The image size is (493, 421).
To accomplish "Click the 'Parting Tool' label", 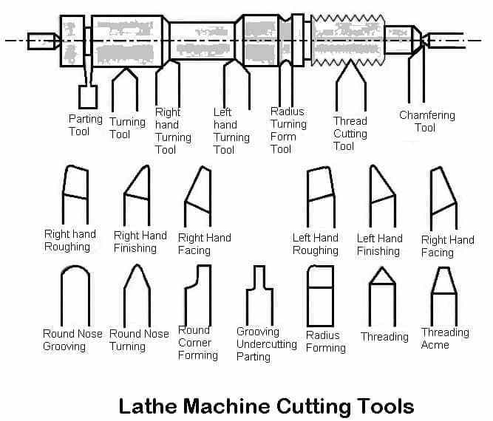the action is coord(86,125).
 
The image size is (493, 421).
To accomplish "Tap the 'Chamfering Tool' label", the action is coord(427,121).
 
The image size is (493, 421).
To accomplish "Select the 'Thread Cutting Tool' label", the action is coord(350,134).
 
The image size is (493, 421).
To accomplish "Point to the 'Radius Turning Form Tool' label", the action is coord(288,130).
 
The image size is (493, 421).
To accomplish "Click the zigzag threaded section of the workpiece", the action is coord(347,40).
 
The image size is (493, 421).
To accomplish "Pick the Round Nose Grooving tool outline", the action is coord(61,295).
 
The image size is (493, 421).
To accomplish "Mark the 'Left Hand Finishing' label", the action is coord(379,244).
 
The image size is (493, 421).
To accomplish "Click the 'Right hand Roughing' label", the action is coord(70,240).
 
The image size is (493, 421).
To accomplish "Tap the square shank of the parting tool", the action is coord(88,97).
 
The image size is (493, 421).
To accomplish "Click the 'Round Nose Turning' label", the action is coord(139,340).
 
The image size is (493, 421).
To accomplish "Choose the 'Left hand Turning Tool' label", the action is coord(231,131).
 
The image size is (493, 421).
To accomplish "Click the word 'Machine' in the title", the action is coord(227,406).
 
